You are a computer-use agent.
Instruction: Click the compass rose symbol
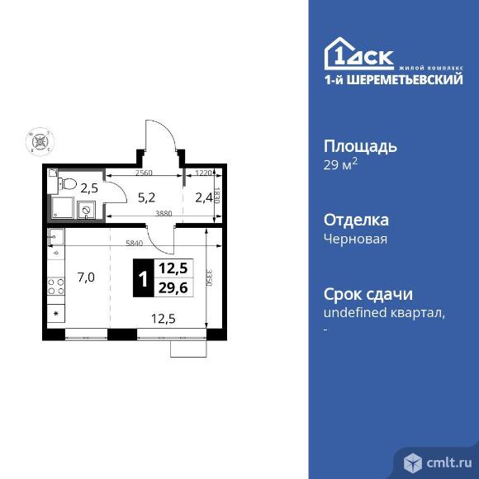click(x=38, y=141)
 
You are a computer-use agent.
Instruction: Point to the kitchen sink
click(x=56, y=239)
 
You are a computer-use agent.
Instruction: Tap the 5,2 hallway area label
click(x=146, y=197)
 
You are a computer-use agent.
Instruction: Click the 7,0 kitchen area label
click(x=86, y=277)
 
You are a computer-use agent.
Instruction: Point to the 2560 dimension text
click(x=144, y=173)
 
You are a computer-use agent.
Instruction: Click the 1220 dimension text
click(x=204, y=173)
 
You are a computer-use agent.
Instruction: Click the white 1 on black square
click(x=142, y=278)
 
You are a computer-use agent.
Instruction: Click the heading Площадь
click(x=359, y=147)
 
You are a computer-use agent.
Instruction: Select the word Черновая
click(x=355, y=239)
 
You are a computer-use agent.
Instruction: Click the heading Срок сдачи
click(x=368, y=295)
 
